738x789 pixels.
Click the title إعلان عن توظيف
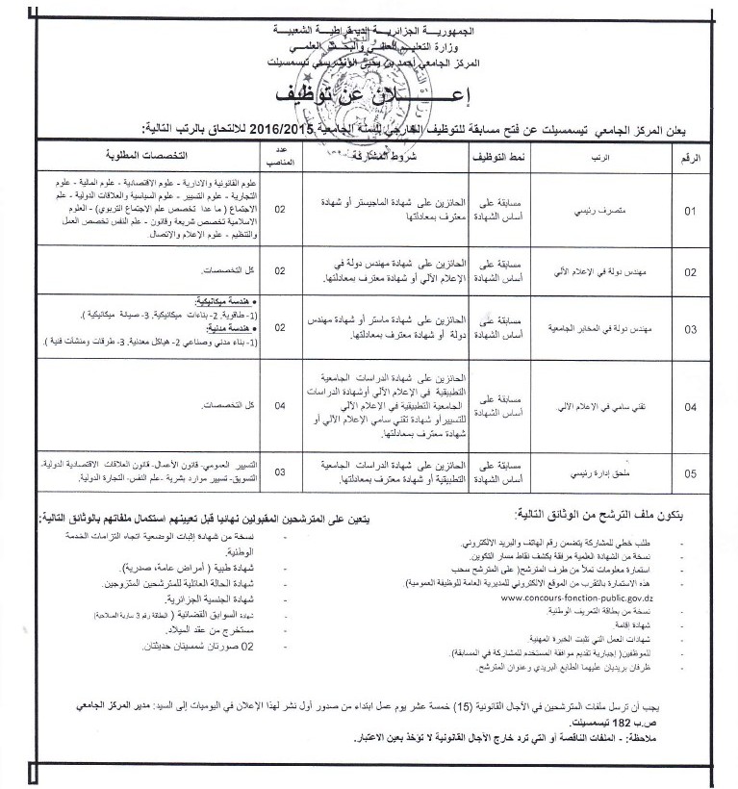tap(369, 96)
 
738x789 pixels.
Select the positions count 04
tap(280, 406)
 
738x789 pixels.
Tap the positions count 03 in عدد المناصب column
tap(280, 472)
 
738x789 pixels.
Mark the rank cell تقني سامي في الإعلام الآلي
tap(592, 406)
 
